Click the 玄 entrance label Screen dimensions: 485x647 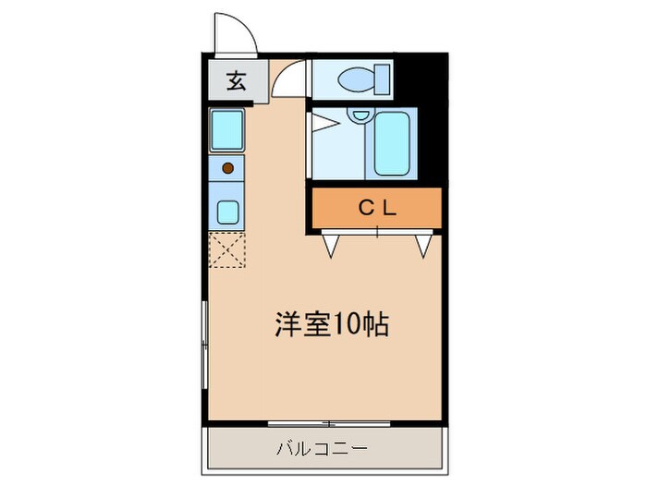(237, 81)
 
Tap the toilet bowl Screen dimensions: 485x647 (356, 81)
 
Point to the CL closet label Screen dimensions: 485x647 (377, 208)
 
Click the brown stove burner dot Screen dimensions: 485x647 (226, 168)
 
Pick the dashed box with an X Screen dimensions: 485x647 (226, 249)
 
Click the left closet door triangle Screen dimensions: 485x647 (330, 244)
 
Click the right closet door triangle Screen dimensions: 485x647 (424, 244)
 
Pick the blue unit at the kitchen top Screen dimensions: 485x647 (226, 130)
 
